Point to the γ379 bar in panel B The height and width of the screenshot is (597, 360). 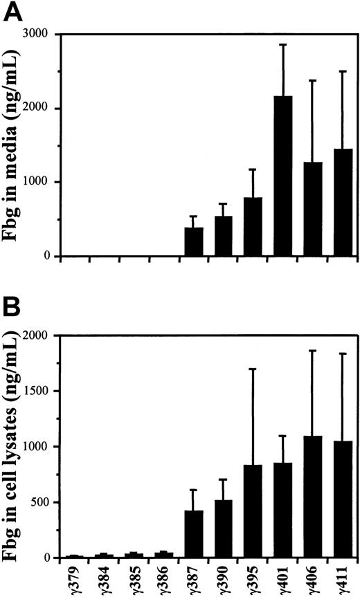(x=75, y=555)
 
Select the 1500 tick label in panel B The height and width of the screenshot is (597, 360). (x=43, y=391)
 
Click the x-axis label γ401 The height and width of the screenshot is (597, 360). (x=284, y=579)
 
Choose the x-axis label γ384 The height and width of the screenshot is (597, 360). (x=105, y=579)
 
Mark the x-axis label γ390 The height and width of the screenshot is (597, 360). (x=224, y=579)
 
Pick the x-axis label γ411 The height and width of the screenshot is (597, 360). (x=343, y=579)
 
